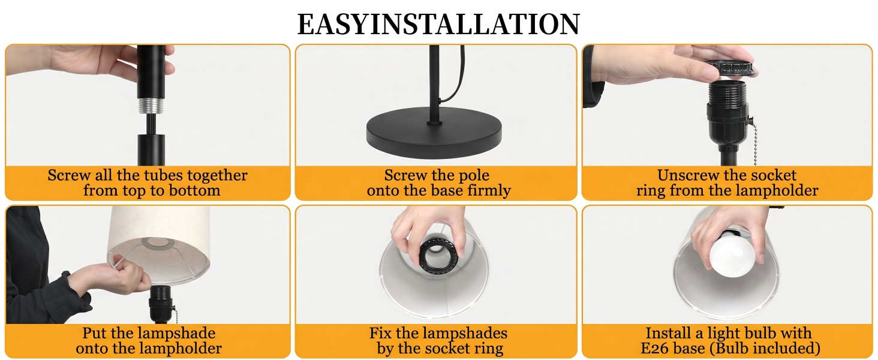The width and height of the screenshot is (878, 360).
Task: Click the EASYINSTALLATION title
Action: point(438,24)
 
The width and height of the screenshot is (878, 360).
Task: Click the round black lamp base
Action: point(434,133)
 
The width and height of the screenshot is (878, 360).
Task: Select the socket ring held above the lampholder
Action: point(730,68)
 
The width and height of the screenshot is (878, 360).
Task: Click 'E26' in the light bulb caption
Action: point(657,348)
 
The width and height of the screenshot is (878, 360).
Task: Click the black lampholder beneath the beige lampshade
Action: point(160,305)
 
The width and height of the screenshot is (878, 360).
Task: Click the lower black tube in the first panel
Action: point(151,150)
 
